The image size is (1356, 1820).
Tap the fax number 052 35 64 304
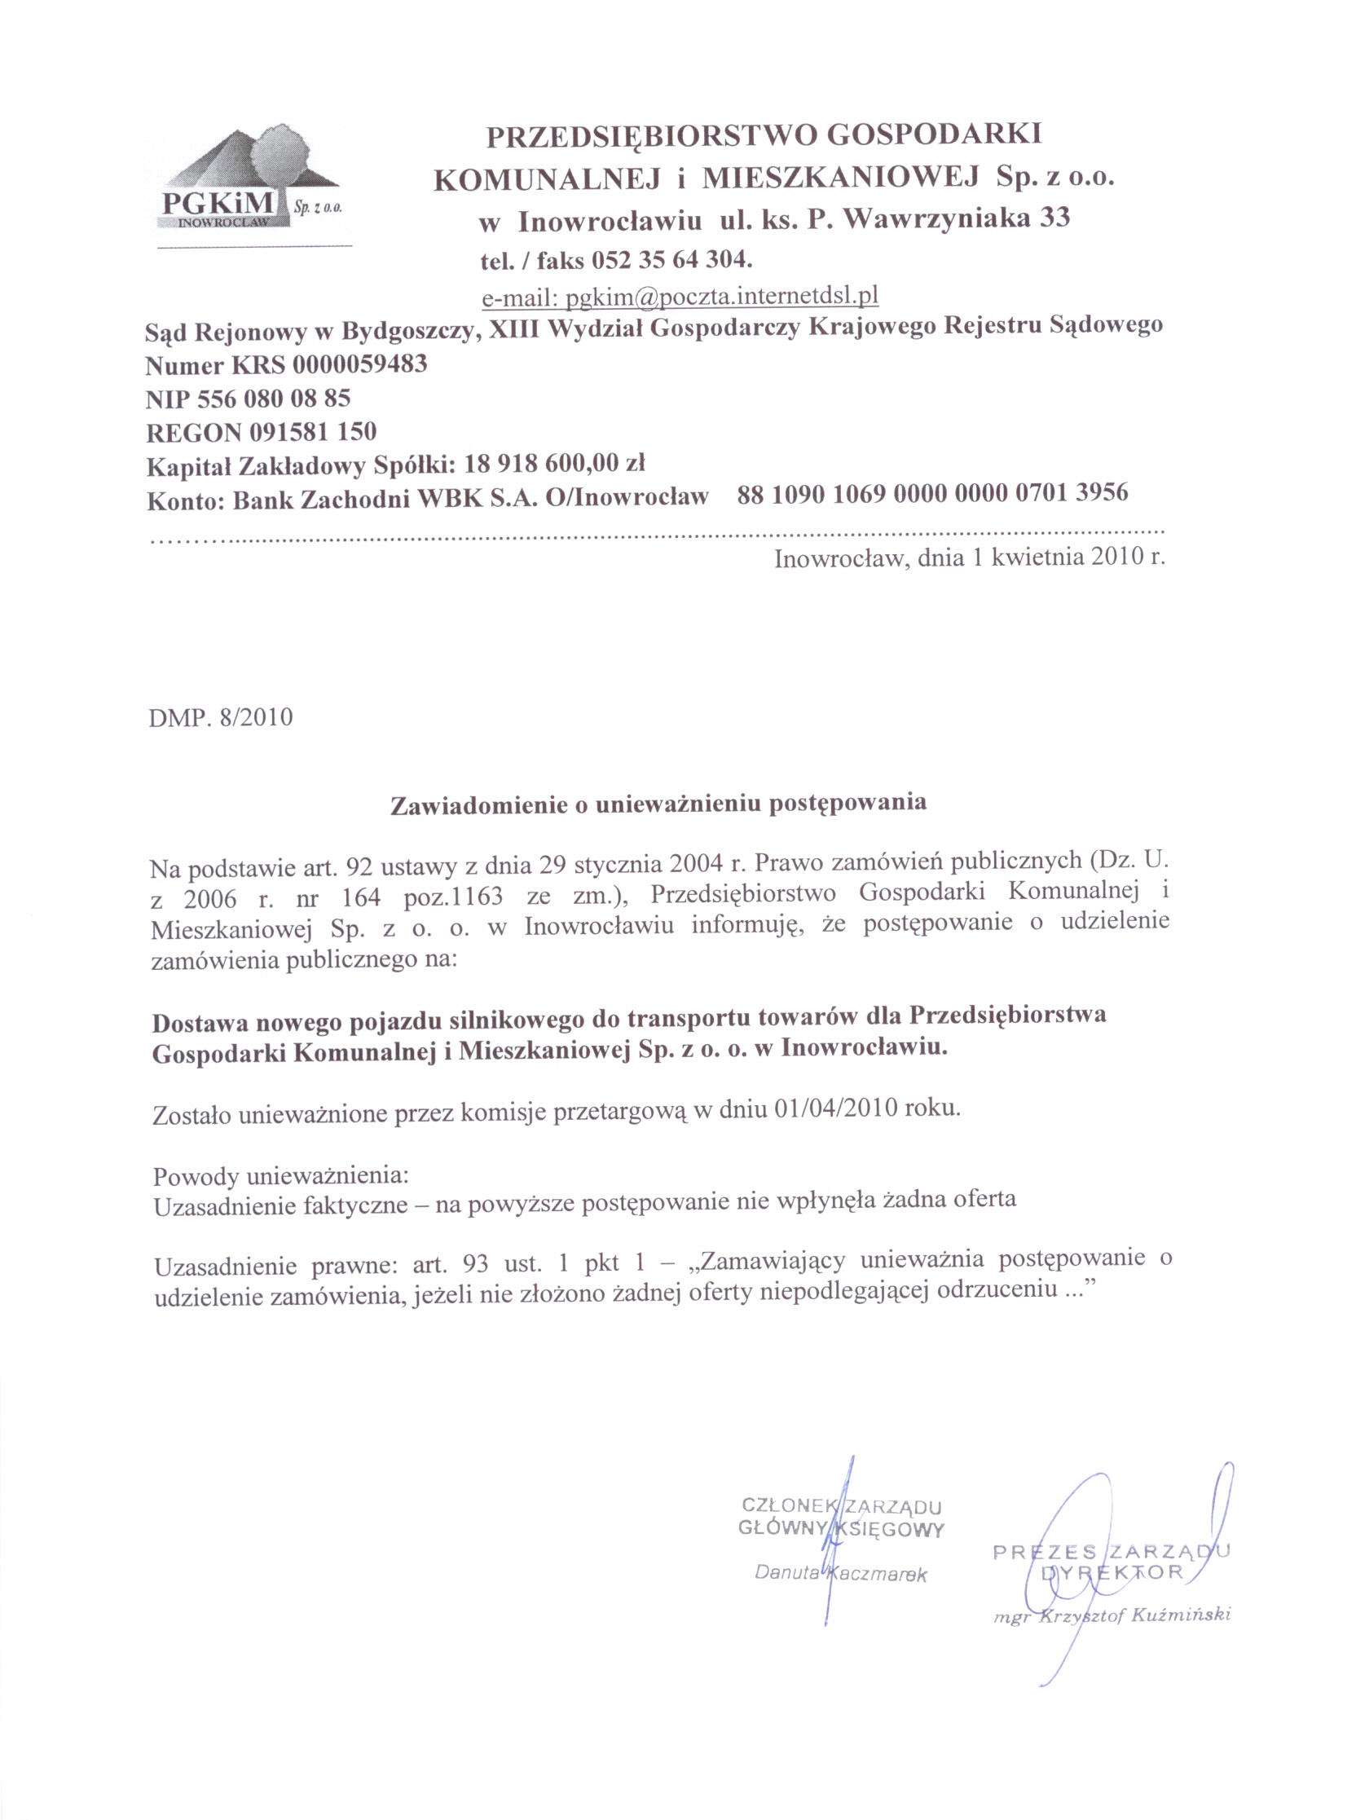point(671,259)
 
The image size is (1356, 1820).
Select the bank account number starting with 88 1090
point(931,493)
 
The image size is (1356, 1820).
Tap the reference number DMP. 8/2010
point(221,717)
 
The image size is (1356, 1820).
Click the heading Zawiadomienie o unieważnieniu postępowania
point(658,803)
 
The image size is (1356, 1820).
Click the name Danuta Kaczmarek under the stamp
point(840,1574)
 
